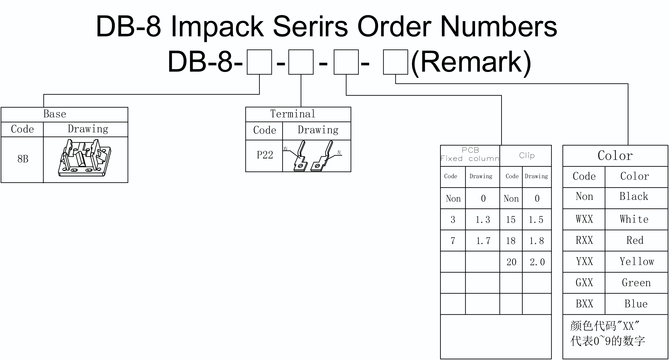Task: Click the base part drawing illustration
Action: coord(85,158)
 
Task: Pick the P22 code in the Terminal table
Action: coord(265,155)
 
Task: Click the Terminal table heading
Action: coord(293,114)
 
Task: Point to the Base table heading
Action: coord(54,114)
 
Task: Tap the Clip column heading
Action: coord(527,155)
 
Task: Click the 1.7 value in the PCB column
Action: coord(483,241)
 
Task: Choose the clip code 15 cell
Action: coord(511,220)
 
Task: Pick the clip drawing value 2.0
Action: coord(537,262)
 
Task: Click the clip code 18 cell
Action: coord(511,241)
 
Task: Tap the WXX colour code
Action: coord(584,219)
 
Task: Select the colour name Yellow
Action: coord(637,261)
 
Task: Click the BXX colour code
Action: coord(584,304)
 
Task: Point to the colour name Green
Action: coord(636,283)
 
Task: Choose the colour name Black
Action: coord(634,196)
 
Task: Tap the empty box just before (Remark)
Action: coord(396,62)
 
